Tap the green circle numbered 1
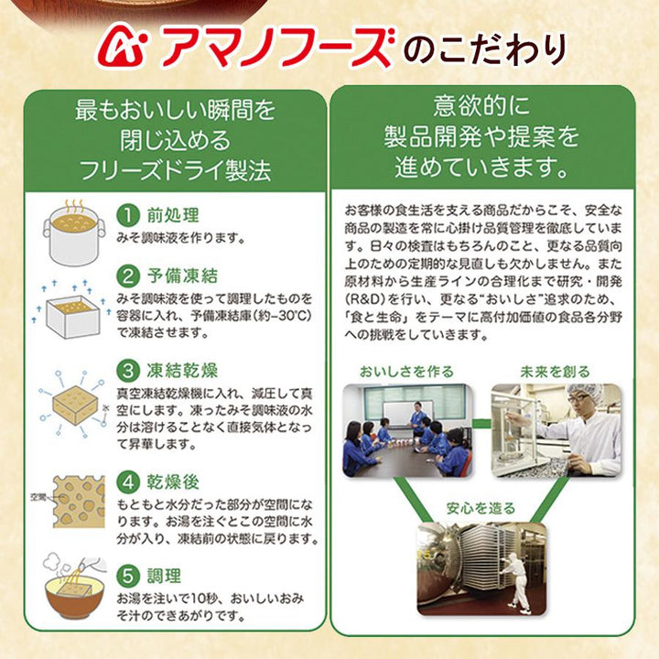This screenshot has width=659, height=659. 128,215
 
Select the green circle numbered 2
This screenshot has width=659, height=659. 128,275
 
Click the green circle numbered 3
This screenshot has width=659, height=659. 128,371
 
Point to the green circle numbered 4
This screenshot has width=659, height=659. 128,481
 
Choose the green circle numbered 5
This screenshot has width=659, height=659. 128,576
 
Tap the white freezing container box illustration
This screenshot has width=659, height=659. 72,316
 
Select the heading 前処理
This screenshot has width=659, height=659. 173,215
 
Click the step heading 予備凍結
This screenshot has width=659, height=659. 182,275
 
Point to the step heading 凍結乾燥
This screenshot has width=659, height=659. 182,371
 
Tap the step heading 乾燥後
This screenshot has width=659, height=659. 173,481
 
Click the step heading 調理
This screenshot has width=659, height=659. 164,576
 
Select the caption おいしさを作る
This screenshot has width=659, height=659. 406,372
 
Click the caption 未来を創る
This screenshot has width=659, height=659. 555,372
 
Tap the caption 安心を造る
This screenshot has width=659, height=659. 481,508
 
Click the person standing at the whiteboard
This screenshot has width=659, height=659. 417,417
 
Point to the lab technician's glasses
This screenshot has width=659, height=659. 578,397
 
